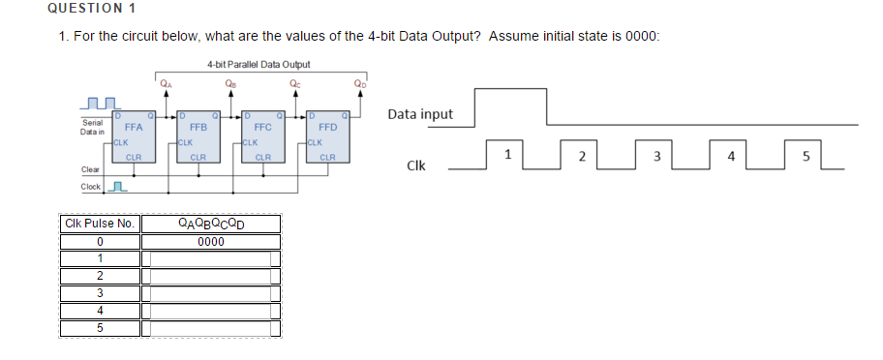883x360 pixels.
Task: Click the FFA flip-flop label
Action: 134,127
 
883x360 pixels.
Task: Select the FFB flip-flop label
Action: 198,127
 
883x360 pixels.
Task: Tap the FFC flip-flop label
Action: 262,127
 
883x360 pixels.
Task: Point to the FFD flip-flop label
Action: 327,127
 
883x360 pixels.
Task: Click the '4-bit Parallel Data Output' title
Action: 259,65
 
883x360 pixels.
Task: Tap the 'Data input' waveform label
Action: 419,114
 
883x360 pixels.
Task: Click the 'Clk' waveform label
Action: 418,165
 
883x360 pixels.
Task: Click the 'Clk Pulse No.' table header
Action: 100,224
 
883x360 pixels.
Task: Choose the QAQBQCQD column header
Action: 211,224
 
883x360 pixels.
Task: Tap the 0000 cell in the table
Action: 211,241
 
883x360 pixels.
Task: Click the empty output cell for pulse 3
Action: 211,293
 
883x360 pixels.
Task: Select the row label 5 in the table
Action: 100,328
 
